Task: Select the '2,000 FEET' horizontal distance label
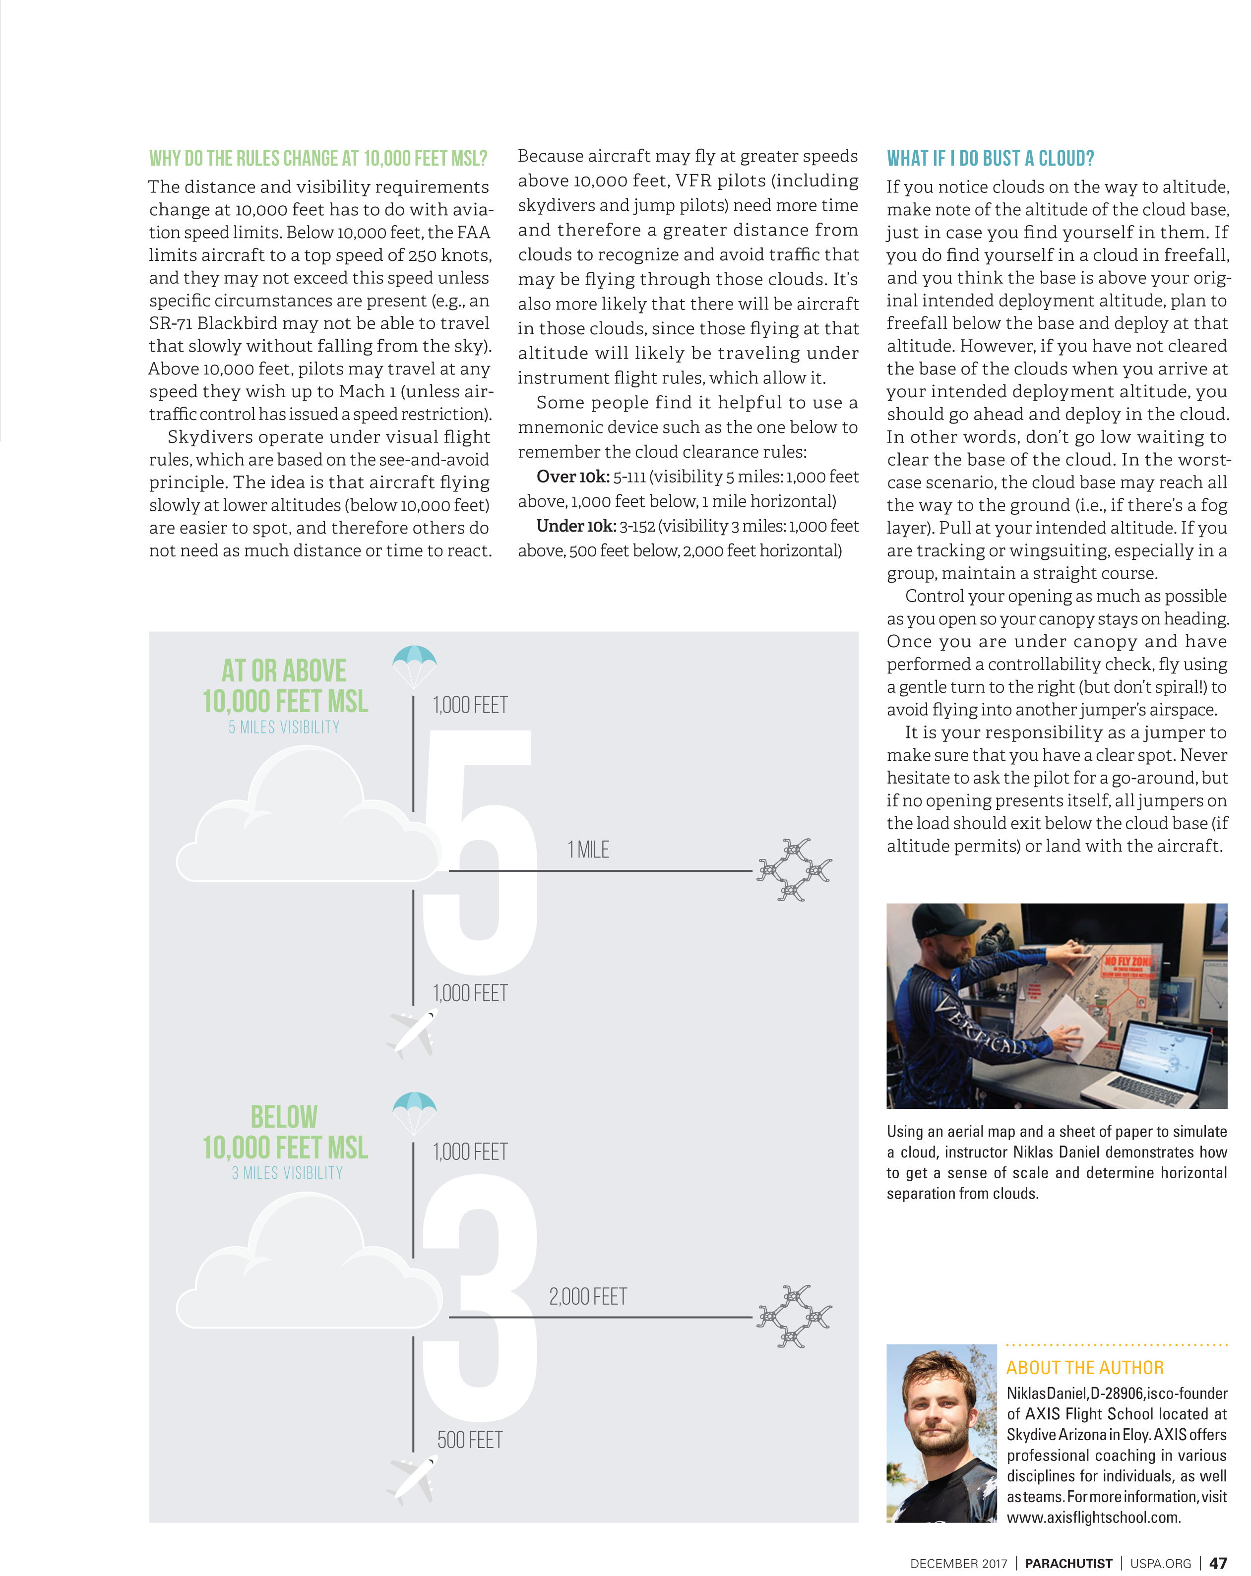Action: tap(588, 1297)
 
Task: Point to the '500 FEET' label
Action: tap(469, 1440)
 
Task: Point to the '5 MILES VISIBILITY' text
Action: tap(284, 727)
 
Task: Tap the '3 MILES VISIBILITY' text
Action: tap(287, 1173)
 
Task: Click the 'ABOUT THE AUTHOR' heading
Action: tap(1084, 1368)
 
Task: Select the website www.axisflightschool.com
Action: tap(1093, 1517)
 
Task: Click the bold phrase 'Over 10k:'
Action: tap(572, 477)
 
